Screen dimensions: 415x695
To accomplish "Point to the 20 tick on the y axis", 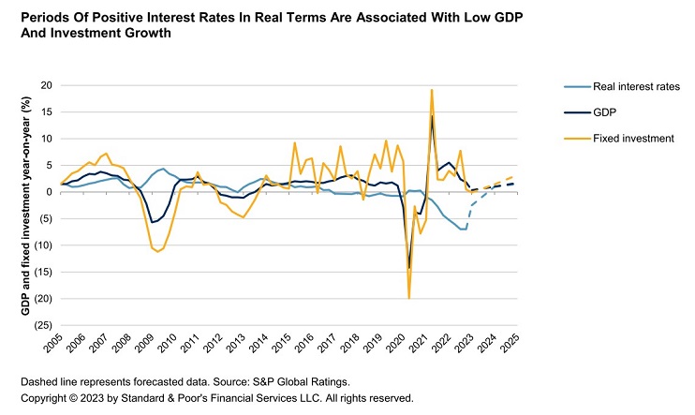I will point(45,85).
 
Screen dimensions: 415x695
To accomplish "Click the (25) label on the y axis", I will point(42,326).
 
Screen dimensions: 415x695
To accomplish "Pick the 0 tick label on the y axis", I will point(48,192).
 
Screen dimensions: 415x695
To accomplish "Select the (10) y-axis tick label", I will point(42,245).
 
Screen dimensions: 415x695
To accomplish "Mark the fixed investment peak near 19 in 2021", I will point(432,90).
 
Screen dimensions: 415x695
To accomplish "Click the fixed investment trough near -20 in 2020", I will point(409,298).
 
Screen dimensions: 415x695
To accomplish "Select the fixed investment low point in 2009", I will point(158,252).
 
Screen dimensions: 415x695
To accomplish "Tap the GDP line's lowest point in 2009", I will point(153,222).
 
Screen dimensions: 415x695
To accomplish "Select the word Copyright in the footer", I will point(45,397).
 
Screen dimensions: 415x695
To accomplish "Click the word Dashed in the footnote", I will point(40,382).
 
